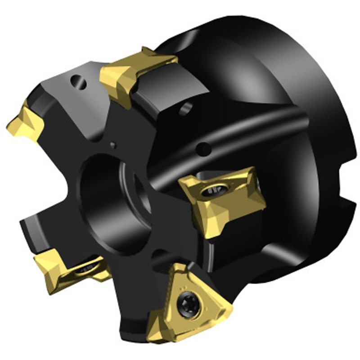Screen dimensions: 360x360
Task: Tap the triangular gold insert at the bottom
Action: [191, 301]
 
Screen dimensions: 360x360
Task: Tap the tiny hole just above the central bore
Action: [113, 145]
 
